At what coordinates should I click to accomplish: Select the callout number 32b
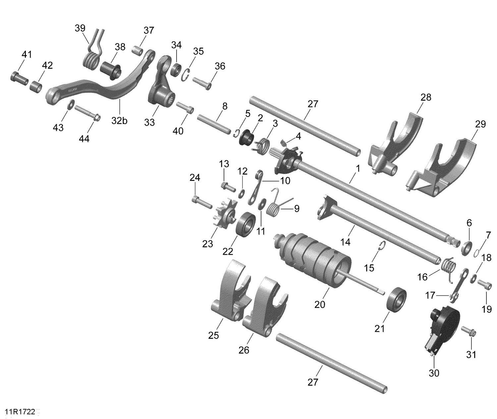119,121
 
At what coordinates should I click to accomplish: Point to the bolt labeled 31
468,332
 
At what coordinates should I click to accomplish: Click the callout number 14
345,242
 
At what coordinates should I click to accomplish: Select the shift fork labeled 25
230,291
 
